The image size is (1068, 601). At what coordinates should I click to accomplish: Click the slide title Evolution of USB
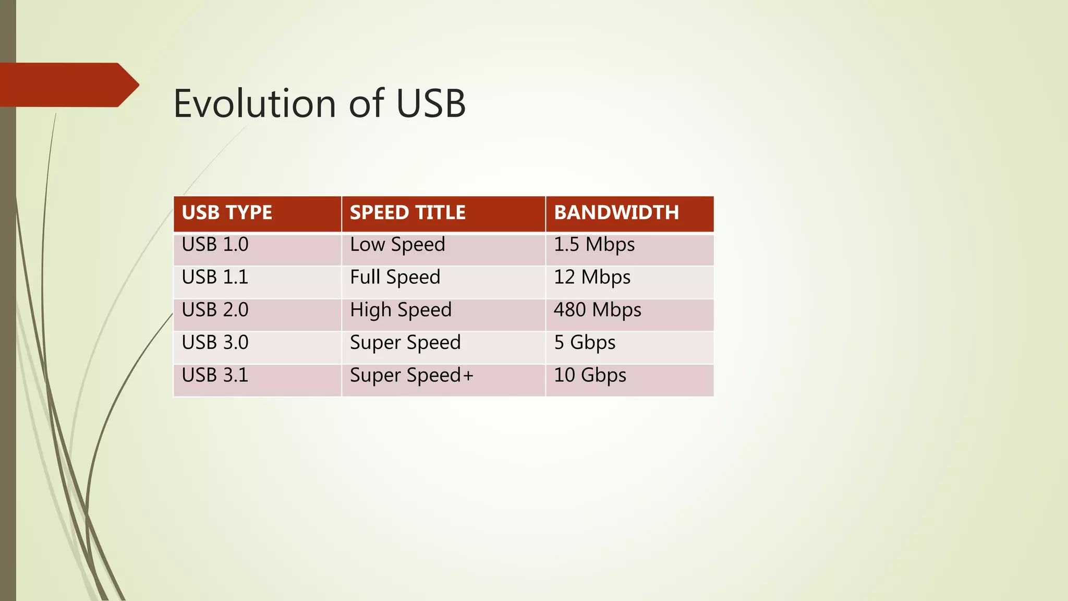(319, 103)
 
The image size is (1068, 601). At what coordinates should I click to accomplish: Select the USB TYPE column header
(227, 213)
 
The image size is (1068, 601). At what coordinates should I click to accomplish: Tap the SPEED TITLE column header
(407, 213)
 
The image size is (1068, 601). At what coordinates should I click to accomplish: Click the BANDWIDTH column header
(616, 213)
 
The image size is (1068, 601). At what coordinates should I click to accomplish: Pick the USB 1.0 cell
(215, 245)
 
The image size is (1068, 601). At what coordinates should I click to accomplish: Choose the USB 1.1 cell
(215, 277)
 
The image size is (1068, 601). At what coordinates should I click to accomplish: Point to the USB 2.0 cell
(215, 310)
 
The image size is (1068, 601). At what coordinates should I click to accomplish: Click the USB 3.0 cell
(215, 343)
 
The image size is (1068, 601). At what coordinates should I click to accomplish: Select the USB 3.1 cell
(215, 376)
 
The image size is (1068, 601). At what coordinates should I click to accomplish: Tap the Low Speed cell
(397, 245)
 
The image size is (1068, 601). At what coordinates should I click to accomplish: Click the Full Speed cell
(395, 277)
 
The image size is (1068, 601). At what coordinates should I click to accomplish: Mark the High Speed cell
(400, 310)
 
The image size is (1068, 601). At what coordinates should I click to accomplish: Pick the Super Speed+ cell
(411, 376)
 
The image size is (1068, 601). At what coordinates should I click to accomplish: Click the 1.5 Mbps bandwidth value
(594, 245)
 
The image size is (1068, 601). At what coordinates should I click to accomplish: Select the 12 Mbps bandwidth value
(592, 277)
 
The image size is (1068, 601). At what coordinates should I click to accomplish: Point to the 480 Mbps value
(597, 310)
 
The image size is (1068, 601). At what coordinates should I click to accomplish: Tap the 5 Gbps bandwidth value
(585, 343)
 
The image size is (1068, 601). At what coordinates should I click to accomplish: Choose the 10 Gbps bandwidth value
(590, 376)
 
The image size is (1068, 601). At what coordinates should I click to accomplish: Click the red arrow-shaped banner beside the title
(68, 85)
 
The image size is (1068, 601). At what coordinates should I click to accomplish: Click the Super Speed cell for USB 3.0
(405, 343)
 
